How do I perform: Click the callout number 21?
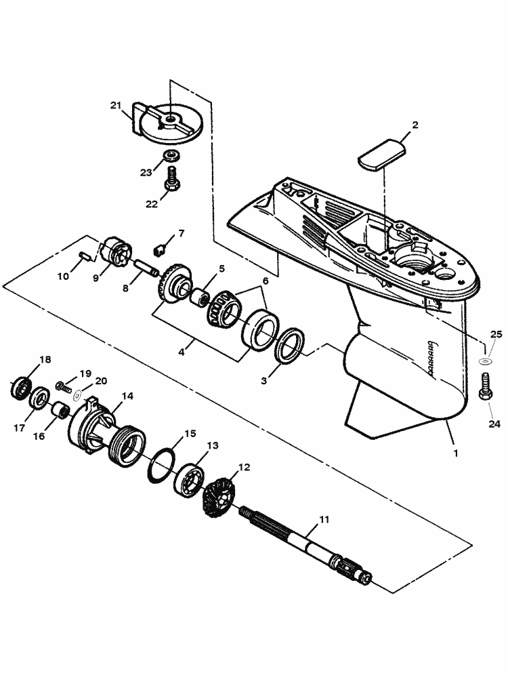tap(116, 106)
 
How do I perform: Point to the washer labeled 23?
tap(172, 155)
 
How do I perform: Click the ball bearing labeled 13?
tap(189, 478)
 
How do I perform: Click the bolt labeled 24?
tap(485, 387)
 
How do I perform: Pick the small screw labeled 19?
tap(62, 386)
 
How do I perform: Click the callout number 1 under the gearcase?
tap(456, 453)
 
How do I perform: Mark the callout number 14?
tap(127, 396)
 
